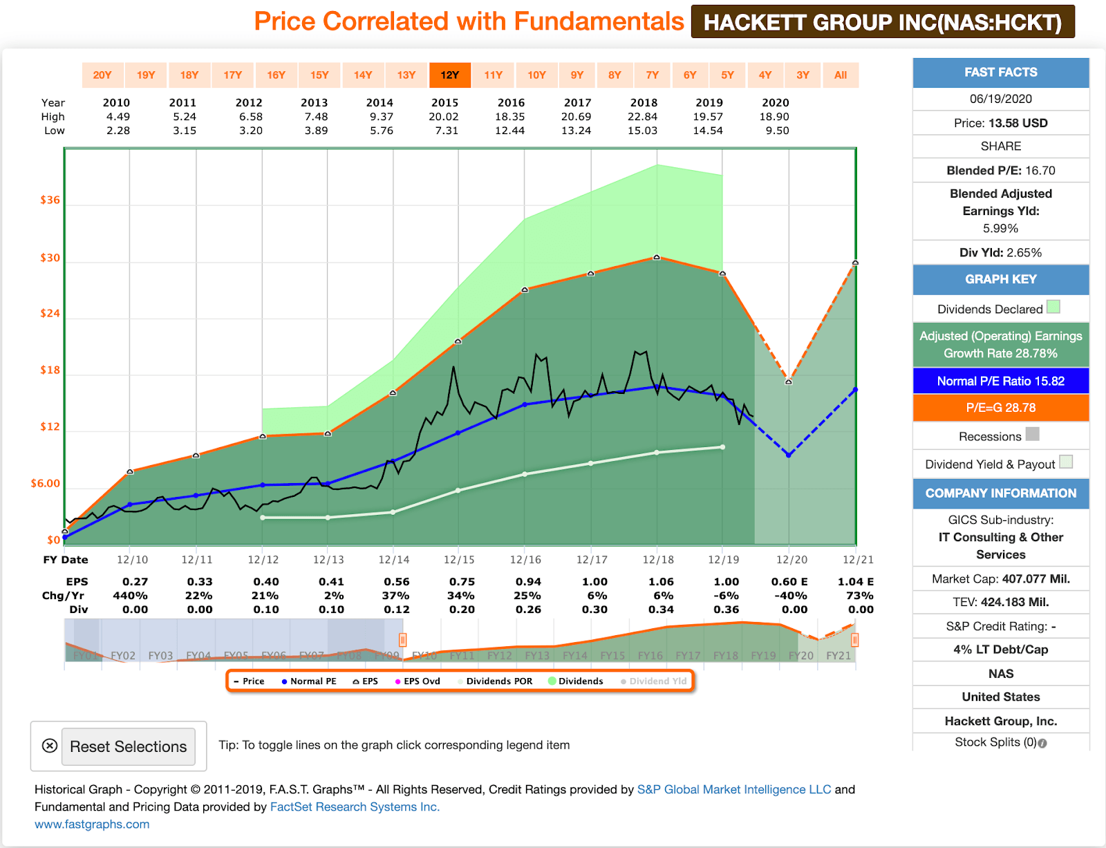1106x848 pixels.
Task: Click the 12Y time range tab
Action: (x=449, y=75)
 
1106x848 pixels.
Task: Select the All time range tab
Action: (x=840, y=75)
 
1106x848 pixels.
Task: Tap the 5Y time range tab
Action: (x=727, y=75)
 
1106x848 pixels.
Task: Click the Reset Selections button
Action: (x=128, y=746)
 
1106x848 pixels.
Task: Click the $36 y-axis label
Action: (x=50, y=200)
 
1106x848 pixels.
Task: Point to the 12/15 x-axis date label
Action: (x=459, y=560)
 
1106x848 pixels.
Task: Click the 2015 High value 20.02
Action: (x=444, y=117)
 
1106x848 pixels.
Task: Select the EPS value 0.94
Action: (x=528, y=582)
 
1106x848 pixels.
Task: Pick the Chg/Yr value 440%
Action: (x=130, y=596)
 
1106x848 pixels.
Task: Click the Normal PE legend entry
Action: (x=309, y=681)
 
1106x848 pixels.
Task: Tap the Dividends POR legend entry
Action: (x=495, y=681)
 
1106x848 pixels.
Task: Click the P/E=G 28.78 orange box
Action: (x=1000, y=408)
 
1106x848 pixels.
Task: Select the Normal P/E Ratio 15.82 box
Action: (x=1000, y=381)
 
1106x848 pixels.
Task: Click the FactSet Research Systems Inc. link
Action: (x=355, y=807)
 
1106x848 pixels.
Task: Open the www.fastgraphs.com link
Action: (x=92, y=824)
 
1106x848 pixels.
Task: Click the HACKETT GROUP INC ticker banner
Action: (x=882, y=22)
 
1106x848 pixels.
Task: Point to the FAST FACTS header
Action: (x=1000, y=73)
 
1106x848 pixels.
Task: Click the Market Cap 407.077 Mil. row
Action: (x=1000, y=579)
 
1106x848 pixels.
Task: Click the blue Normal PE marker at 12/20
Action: (x=789, y=455)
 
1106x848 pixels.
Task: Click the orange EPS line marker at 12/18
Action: (x=657, y=257)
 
